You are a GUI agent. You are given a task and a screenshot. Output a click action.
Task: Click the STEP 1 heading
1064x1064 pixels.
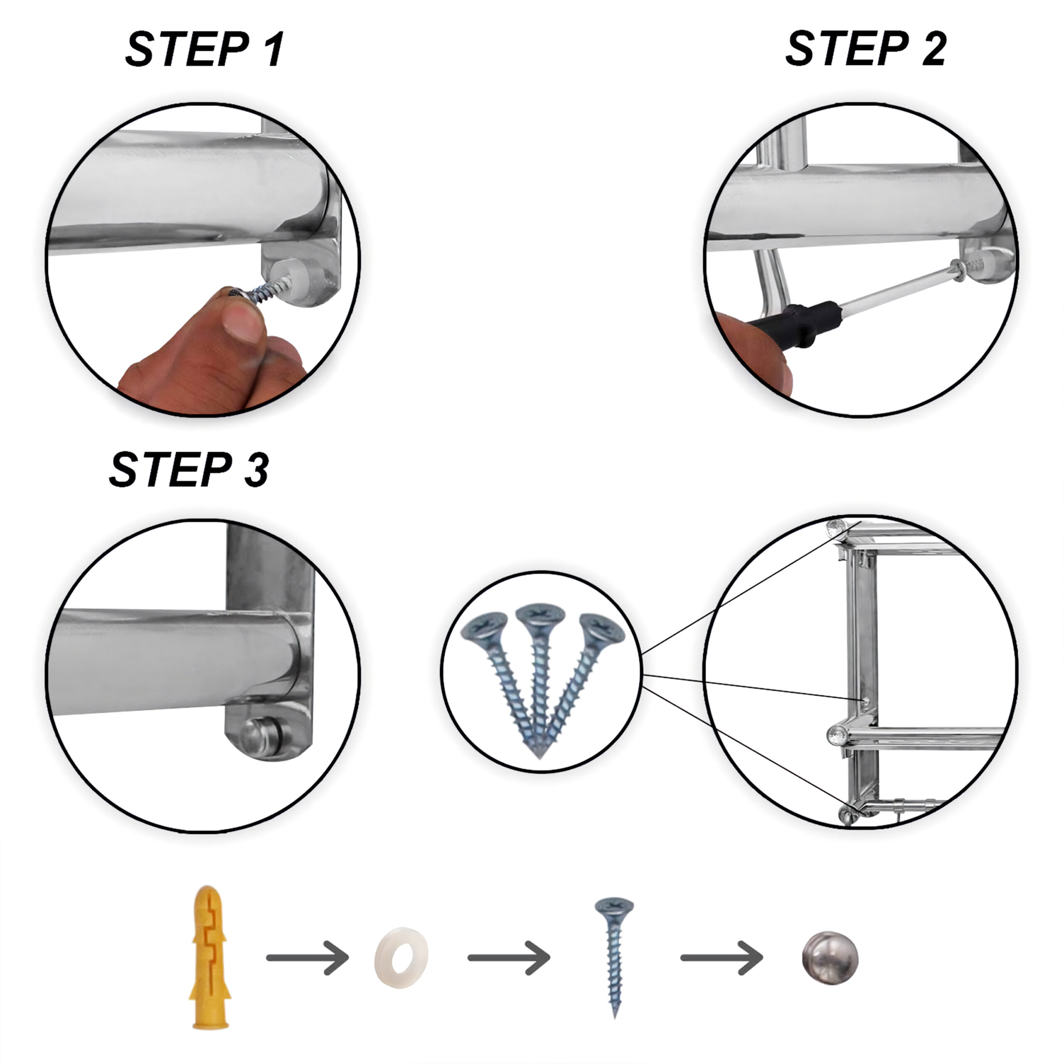204,49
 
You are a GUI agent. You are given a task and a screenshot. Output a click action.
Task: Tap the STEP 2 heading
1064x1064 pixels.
866,49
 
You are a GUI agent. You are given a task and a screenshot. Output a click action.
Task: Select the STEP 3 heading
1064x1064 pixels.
189,469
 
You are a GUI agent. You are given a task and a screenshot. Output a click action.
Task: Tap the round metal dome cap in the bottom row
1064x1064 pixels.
830,959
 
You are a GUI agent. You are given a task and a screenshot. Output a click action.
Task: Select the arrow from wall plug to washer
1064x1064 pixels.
307,958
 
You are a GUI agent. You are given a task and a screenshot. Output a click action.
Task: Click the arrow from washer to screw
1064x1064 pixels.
509,958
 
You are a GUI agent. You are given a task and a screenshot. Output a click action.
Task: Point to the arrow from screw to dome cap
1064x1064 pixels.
722,958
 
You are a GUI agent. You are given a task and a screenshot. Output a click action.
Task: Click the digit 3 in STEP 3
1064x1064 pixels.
256,469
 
